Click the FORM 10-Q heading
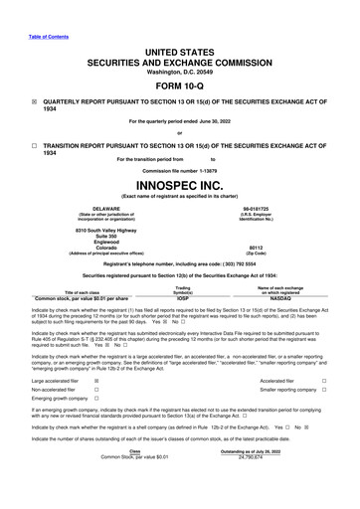point(180,84)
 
